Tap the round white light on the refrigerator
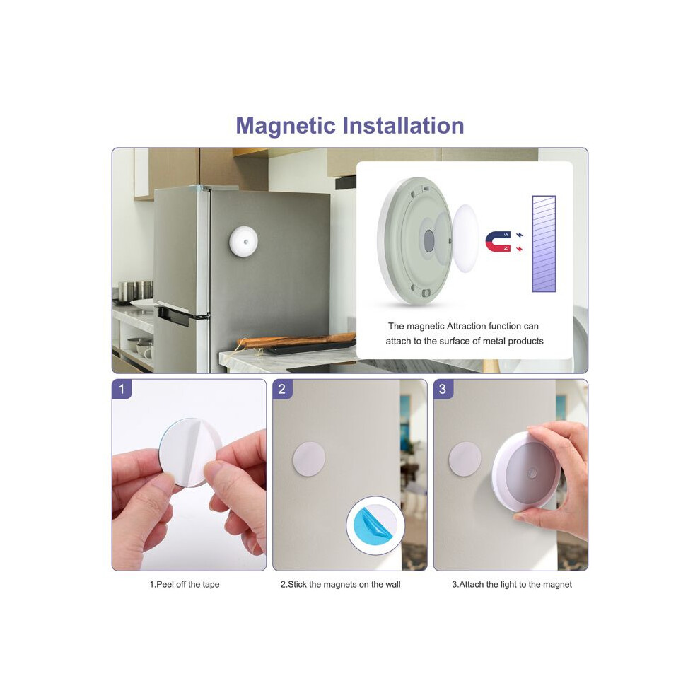[243, 241]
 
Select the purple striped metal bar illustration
[544, 244]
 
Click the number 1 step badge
[122, 389]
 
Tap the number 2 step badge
[282, 389]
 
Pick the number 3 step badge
[443, 389]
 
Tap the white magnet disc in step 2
[309, 459]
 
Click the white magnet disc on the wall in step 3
[465, 459]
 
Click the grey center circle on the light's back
[429, 242]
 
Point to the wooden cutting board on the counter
[297, 341]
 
